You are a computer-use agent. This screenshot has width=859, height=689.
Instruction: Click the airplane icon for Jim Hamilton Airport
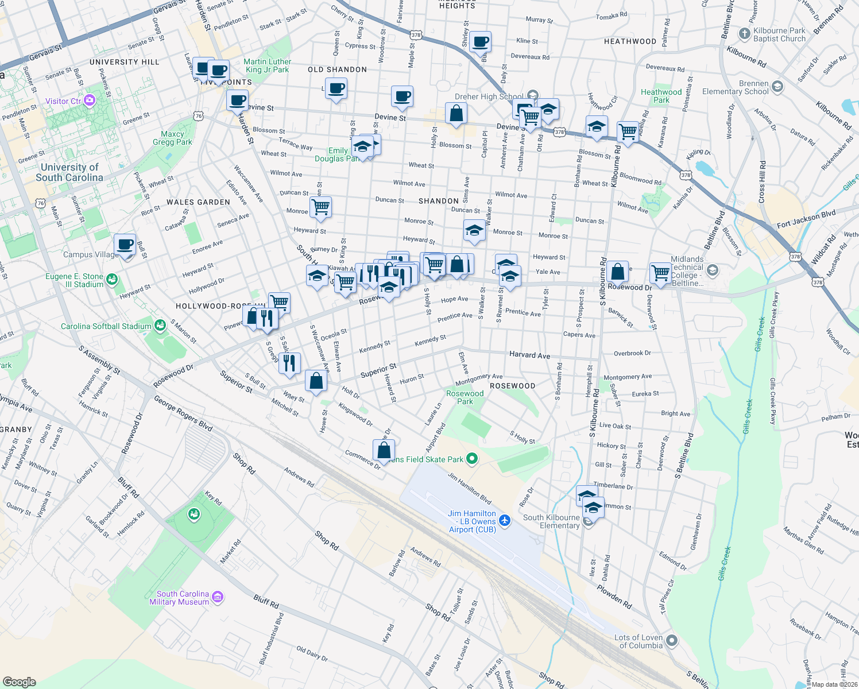[505, 520]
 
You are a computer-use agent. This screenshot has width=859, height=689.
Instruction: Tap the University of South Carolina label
[69, 172]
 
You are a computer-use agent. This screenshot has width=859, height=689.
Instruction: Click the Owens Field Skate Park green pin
[472, 458]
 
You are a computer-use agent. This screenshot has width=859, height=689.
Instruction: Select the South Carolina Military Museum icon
[217, 597]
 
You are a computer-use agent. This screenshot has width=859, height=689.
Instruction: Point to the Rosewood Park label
[465, 397]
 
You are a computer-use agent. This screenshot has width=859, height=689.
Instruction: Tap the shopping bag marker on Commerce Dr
[384, 451]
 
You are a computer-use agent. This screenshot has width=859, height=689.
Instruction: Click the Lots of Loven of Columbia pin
[672, 640]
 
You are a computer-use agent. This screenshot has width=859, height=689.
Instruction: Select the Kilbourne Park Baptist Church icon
[744, 33]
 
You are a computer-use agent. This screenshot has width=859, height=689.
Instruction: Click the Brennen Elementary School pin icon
[777, 86]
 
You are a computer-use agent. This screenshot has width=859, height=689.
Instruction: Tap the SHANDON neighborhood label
[439, 201]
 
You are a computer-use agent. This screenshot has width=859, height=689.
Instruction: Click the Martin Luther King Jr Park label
[268, 65]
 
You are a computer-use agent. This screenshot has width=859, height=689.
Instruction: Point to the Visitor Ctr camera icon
[89, 101]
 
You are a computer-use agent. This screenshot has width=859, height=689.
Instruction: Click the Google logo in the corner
[19, 682]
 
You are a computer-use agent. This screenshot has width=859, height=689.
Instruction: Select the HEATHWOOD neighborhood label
[630, 41]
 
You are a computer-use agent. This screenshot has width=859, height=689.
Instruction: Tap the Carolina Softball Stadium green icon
[160, 326]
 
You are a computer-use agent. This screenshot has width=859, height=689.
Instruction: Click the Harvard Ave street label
[529, 355]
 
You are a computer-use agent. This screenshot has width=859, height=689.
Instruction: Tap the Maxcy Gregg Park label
[172, 138]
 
